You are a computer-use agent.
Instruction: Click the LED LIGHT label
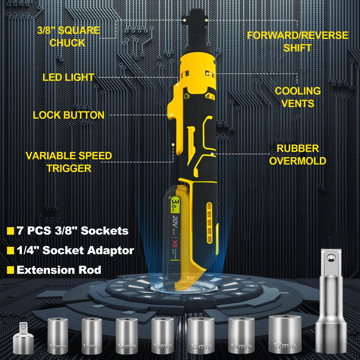coord(68,77)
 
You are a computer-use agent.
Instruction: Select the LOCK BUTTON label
coord(69,115)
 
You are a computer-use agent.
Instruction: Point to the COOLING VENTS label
coord(297,97)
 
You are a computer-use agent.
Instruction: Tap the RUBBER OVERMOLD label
coord(297,154)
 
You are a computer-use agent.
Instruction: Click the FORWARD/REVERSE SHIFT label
coord(297,42)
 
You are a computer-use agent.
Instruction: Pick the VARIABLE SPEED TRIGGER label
coord(69,162)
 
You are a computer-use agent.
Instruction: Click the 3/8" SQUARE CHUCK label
coord(69,36)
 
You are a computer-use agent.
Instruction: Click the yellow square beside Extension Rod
coord(11,270)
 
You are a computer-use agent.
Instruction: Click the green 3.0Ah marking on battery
coord(175,205)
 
